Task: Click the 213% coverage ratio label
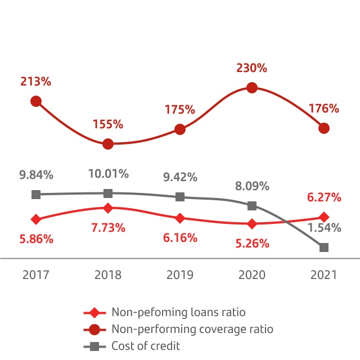point(36,82)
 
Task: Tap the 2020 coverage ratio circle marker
point(252,88)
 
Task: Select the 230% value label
point(251,68)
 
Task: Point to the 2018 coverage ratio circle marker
point(108,144)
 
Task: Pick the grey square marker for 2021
point(323,247)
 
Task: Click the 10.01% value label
point(108,174)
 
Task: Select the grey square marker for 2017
point(36,195)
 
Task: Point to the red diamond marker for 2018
point(108,208)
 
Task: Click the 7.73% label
point(108,228)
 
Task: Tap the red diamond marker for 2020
point(252,223)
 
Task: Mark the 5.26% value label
point(252,244)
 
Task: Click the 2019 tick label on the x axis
point(180,275)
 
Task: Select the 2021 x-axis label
point(323,275)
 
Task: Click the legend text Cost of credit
point(146,346)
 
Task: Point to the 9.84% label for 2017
point(36,175)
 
